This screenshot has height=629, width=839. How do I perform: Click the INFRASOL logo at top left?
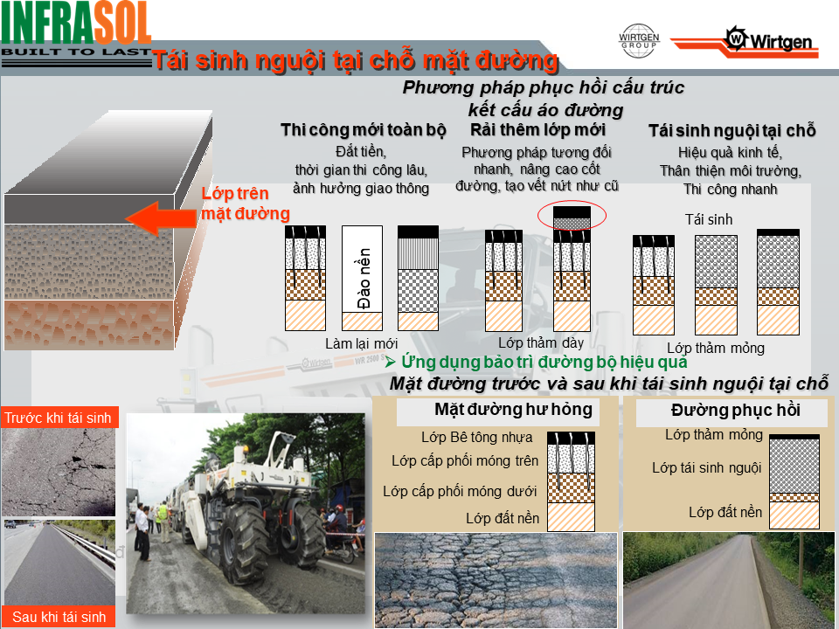click(76, 33)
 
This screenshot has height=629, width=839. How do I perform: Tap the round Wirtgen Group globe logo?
click(639, 41)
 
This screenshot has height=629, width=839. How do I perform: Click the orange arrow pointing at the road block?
click(161, 218)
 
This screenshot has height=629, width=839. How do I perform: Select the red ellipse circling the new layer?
click(572, 216)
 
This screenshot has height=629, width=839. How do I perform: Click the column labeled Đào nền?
click(362, 278)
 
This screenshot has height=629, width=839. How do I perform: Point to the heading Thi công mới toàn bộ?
click(364, 130)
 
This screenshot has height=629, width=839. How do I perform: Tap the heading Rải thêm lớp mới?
click(537, 129)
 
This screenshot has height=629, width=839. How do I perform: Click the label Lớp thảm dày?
click(541, 342)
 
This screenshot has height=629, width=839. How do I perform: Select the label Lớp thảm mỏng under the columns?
click(716, 349)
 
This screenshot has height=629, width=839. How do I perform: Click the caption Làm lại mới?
click(361, 343)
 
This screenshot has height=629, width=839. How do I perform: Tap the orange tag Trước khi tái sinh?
click(59, 418)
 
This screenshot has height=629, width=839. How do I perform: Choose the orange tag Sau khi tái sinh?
click(59, 617)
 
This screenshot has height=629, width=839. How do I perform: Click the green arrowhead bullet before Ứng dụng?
click(390, 362)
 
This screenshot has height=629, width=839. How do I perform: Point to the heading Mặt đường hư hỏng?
click(513, 409)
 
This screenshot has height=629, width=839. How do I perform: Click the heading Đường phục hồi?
click(736, 411)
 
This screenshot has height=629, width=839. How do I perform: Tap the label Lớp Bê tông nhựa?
click(477, 438)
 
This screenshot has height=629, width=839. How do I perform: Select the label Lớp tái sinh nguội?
click(706, 468)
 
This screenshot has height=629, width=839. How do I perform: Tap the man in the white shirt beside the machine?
click(142, 531)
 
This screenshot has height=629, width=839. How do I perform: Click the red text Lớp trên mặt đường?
click(246, 204)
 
